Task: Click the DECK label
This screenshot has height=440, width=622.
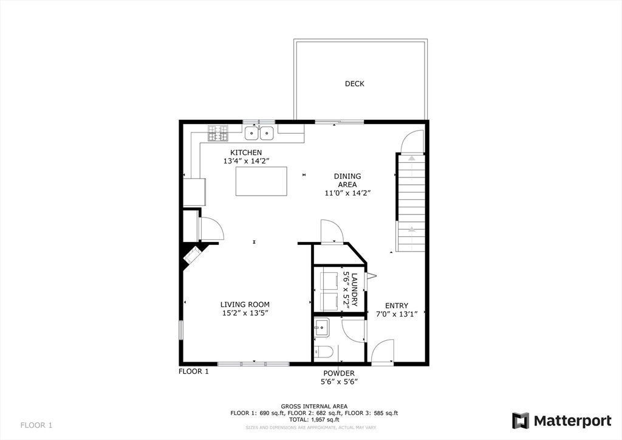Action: click(354, 84)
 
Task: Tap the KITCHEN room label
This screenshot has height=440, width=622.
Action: click(246, 153)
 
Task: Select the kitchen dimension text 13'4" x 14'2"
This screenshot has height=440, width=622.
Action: click(247, 161)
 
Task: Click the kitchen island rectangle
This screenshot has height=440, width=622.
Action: click(261, 181)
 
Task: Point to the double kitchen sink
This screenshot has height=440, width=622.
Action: click(259, 133)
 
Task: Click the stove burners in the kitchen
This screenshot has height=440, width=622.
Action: click(218, 133)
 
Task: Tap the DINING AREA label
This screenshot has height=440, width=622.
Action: click(347, 180)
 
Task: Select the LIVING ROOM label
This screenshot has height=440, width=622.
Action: click(245, 304)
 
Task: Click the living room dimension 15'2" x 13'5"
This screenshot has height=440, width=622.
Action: click(245, 313)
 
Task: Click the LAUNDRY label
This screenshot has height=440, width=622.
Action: click(354, 289)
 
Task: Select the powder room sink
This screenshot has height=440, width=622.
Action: click(321, 328)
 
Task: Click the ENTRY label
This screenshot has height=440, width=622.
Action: click(397, 306)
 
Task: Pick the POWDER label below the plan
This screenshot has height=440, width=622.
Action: click(339, 373)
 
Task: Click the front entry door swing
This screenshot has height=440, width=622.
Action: click(383, 351)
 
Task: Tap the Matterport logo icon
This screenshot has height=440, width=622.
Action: click(521, 421)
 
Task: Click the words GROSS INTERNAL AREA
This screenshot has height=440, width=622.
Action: click(314, 406)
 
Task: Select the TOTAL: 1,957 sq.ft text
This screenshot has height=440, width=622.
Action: click(314, 419)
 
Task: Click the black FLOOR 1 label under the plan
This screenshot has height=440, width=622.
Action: click(194, 371)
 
